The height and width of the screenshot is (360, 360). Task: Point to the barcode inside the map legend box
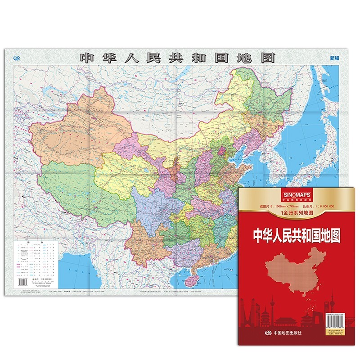(x=22, y=282)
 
